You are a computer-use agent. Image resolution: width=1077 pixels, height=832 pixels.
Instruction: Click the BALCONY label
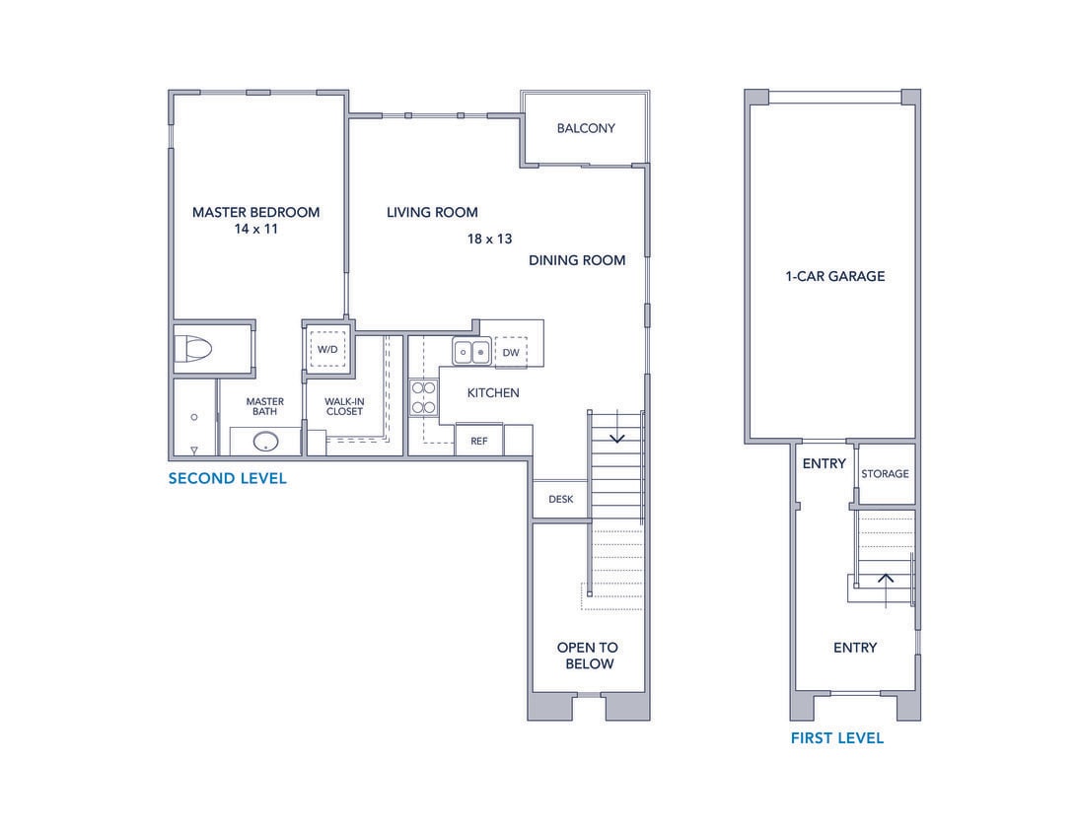(x=585, y=128)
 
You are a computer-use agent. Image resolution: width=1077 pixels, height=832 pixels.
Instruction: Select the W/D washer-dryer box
(x=326, y=350)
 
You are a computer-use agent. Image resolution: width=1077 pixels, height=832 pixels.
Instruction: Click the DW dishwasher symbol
(x=510, y=352)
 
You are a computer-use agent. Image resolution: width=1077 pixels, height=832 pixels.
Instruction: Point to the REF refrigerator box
(x=478, y=441)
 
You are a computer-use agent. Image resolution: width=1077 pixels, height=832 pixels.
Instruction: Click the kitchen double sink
(x=471, y=351)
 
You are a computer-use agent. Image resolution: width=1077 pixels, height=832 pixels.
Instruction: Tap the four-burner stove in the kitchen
(x=423, y=396)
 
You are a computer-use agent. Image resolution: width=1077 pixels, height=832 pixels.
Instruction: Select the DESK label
(x=560, y=499)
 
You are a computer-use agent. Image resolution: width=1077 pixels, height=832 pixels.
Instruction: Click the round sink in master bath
(x=265, y=441)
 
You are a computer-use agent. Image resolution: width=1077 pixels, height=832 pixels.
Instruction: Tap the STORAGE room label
(x=885, y=474)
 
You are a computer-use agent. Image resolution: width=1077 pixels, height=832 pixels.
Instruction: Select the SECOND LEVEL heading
(x=227, y=479)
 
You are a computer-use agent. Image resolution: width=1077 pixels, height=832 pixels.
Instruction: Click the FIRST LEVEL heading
(x=836, y=737)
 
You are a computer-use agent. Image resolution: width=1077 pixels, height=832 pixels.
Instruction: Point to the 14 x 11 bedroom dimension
(x=255, y=229)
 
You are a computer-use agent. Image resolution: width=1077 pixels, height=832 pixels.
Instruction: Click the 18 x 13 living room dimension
(x=489, y=239)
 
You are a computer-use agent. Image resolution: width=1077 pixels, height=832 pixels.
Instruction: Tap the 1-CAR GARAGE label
(x=834, y=276)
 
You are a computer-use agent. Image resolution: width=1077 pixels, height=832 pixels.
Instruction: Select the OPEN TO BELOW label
(x=587, y=656)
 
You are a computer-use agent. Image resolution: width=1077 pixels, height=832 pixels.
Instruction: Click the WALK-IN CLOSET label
(x=344, y=406)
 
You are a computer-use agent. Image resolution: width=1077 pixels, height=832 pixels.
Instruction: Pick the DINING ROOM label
(x=577, y=260)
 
